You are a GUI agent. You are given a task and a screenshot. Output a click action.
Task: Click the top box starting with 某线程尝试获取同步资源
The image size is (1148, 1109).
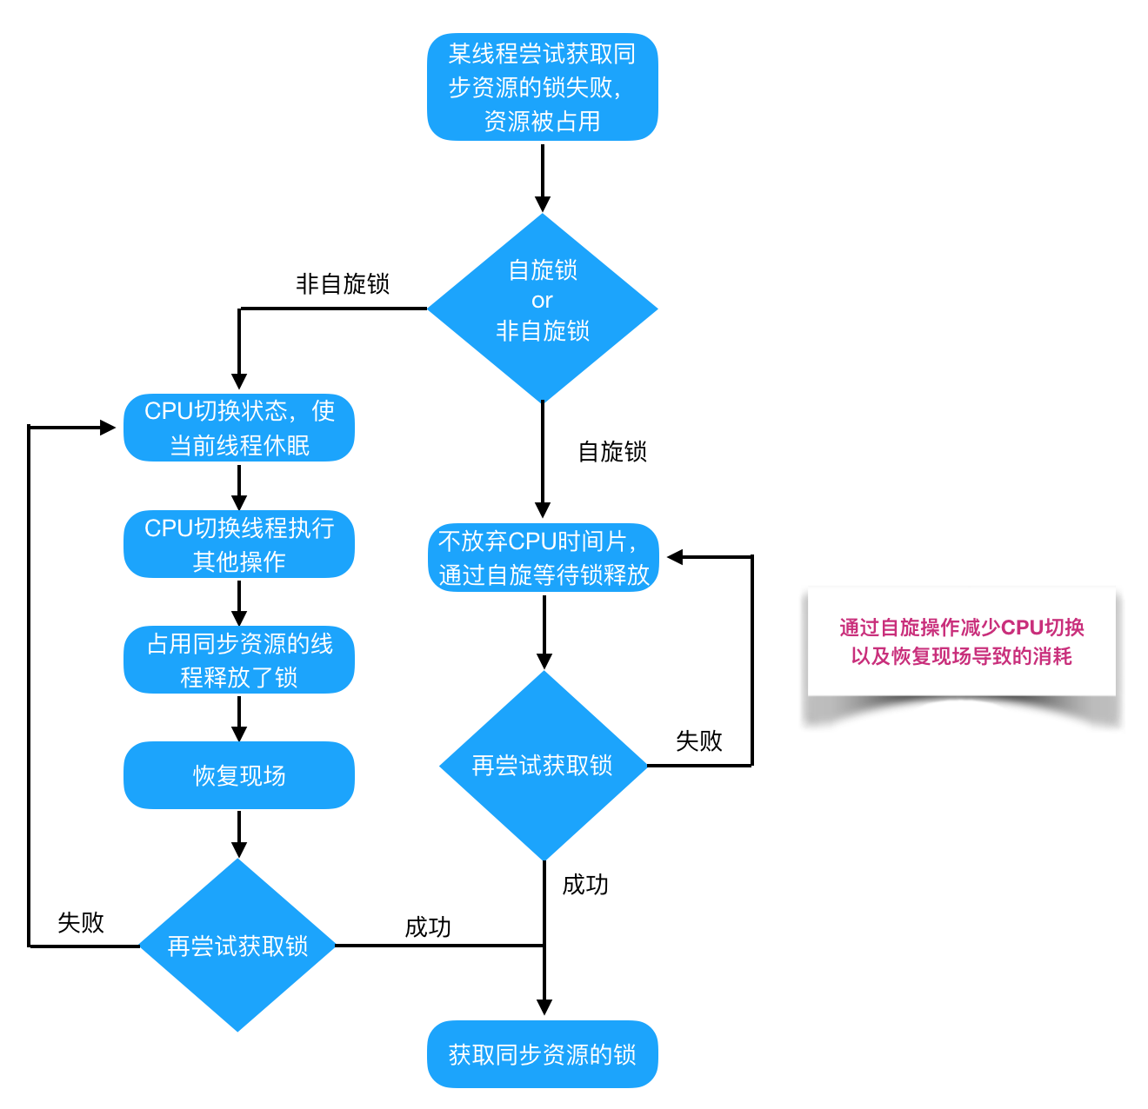click(542, 87)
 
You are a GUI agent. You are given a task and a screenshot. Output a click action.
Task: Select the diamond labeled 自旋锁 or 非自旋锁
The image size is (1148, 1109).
click(542, 308)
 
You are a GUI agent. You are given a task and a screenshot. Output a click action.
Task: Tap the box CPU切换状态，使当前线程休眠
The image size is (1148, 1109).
click(239, 428)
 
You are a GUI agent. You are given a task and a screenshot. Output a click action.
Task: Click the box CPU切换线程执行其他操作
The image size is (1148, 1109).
click(239, 544)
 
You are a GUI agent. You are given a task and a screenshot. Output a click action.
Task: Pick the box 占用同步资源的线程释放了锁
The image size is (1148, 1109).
click(239, 660)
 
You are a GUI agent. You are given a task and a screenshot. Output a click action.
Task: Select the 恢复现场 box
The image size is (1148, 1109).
click(239, 775)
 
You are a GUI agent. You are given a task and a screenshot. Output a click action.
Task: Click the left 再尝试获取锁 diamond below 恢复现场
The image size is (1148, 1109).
click(237, 946)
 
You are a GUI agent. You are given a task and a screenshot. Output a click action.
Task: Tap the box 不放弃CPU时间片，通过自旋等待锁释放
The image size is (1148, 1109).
click(544, 557)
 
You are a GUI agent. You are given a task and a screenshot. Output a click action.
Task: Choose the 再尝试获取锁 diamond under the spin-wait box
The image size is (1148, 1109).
click(543, 766)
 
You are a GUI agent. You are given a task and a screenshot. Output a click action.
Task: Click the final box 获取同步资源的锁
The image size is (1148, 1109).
click(542, 1054)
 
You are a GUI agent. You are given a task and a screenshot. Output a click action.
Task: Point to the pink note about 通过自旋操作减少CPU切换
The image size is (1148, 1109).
click(961, 641)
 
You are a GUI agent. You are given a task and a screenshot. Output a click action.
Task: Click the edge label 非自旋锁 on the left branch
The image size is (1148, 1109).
click(343, 284)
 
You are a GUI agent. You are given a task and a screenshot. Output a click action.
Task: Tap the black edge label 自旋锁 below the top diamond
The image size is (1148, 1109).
click(612, 452)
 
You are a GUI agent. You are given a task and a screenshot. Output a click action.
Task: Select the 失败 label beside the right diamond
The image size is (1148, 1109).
click(699, 741)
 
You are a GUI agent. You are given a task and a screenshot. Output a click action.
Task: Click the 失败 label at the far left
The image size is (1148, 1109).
click(81, 923)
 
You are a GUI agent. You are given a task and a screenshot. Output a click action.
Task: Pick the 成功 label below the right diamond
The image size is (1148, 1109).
click(585, 885)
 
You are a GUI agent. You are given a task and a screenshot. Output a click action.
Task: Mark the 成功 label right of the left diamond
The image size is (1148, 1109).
click(428, 927)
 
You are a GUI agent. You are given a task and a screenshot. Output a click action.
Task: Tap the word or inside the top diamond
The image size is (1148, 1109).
click(542, 301)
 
